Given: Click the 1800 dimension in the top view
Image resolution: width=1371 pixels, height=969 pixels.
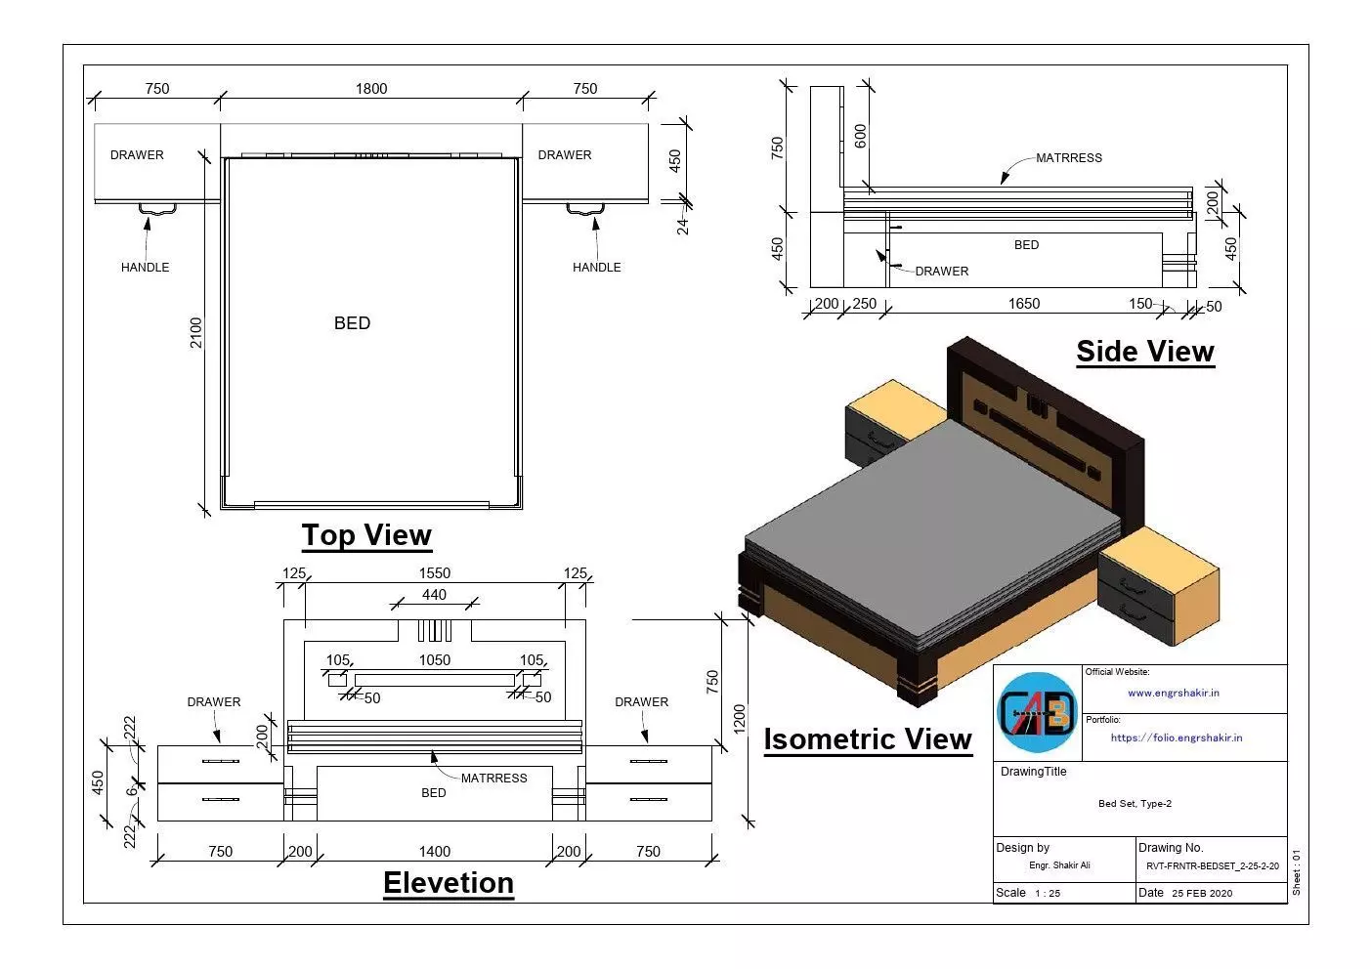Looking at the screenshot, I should point(371,89).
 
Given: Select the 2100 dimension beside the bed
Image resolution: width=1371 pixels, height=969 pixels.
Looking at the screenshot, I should point(196,332).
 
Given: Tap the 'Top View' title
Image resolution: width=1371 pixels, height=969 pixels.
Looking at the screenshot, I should point(366,535).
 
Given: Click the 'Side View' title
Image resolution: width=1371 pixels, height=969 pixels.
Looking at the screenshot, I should point(1144,352).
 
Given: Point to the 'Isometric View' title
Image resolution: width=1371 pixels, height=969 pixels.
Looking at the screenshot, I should point(867,739).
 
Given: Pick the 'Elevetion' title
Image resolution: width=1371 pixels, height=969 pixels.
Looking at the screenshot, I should point(448,883).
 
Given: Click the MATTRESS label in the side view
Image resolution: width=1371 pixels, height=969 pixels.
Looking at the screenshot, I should point(1068,158).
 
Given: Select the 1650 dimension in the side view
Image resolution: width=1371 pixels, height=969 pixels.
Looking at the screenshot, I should point(1023,304).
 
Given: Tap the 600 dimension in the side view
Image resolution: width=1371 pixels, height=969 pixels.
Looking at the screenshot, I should point(860,136).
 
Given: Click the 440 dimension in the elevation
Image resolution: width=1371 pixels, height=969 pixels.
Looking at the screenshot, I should point(434,595).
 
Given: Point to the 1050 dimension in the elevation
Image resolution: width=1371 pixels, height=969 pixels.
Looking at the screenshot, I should point(434,660).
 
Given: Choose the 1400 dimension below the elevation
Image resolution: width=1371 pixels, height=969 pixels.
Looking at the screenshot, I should point(434,852).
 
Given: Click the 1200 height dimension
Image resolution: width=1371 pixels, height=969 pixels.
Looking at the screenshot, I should point(739,718).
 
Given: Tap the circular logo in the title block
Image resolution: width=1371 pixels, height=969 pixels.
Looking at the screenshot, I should point(1037,712).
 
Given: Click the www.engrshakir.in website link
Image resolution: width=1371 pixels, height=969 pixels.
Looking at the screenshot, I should point(1173,694).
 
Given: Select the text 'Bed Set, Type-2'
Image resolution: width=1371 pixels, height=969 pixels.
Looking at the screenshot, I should point(1135,804).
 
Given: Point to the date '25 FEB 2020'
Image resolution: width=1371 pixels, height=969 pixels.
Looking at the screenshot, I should point(1202,893).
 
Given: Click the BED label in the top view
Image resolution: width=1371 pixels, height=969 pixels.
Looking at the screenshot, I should point(352,323).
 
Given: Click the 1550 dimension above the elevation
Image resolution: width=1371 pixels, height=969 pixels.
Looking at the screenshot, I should point(434,573).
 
